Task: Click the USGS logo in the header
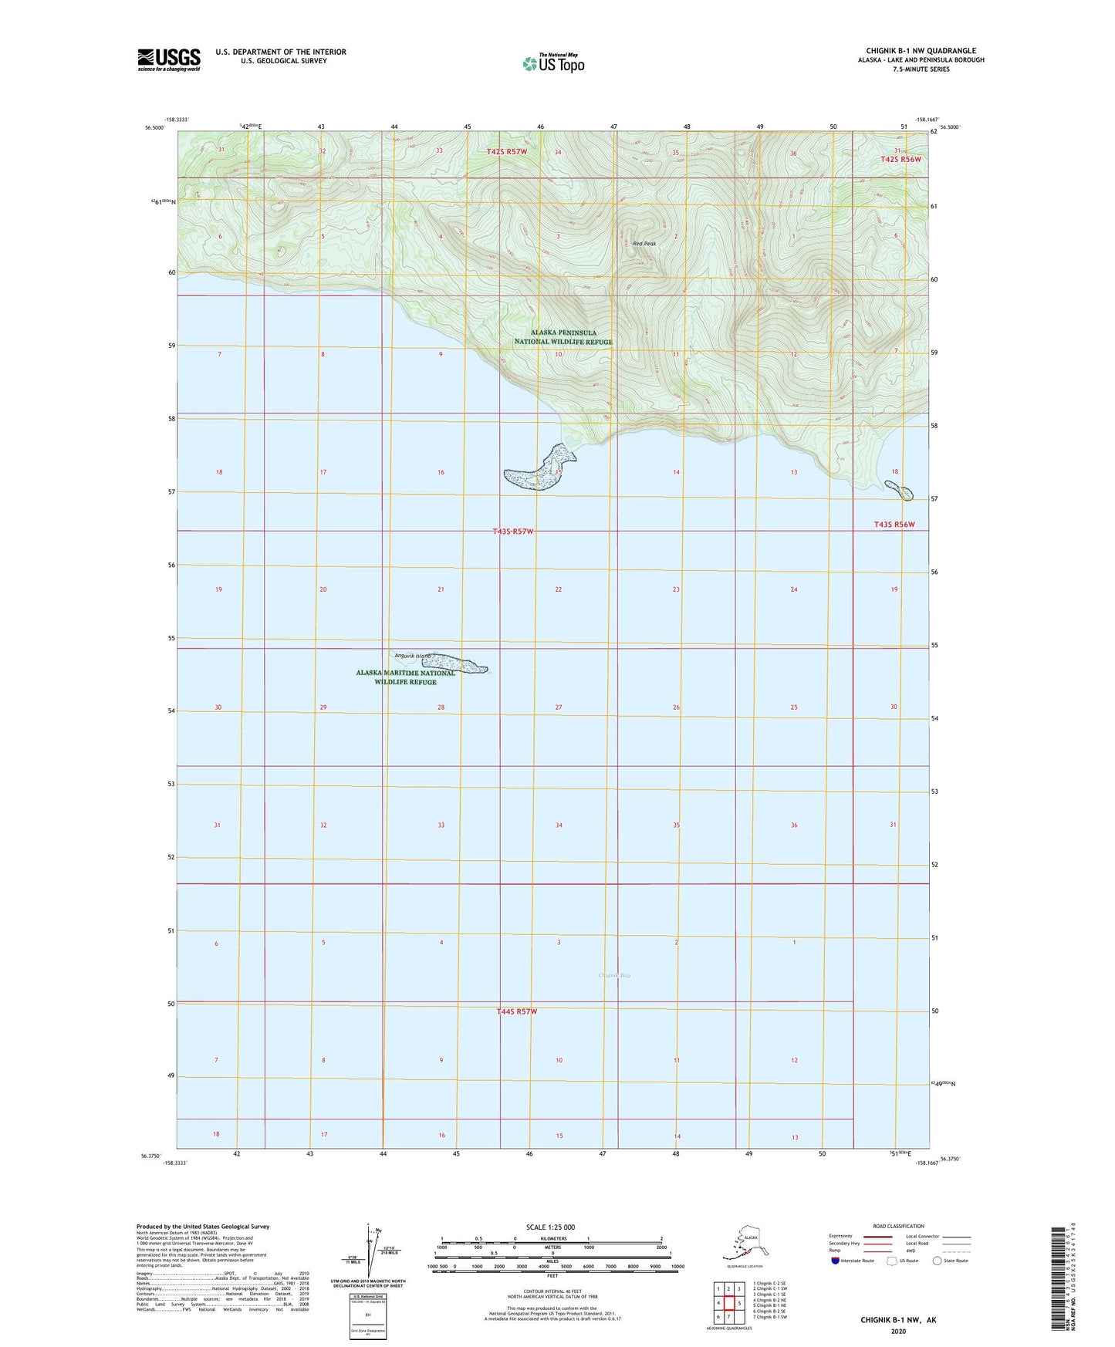[168, 59]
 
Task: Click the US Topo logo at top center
[552, 63]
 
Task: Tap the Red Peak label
[644, 244]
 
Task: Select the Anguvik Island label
[412, 656]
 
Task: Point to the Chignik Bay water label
[614, 975]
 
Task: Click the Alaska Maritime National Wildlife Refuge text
[405, 677]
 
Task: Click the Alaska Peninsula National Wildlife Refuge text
[563, 337]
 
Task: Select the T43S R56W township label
[894, 525]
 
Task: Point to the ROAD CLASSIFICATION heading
[898, 1226]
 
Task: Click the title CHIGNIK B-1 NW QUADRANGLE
[915, 51]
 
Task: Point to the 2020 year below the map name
[898, 1331]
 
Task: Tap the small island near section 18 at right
[899, 489]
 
